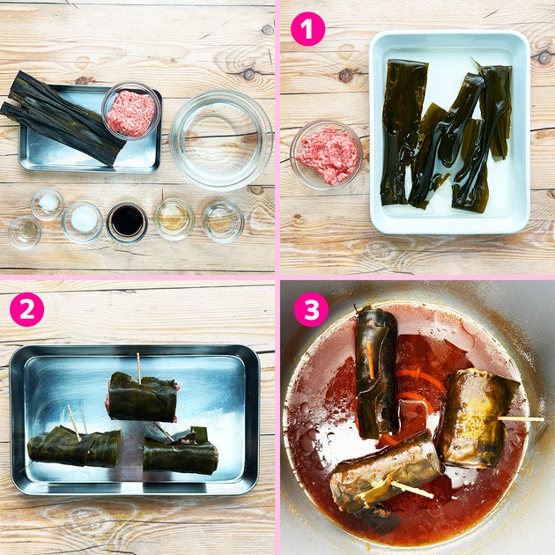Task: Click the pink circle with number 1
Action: [307, 29]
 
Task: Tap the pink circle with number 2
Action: [27, 309]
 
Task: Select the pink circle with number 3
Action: [311, 309]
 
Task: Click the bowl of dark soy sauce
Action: [127, 223]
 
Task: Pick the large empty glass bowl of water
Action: [221, 140]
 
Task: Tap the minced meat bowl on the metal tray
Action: [131, 110]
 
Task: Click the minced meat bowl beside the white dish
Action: [326, 155]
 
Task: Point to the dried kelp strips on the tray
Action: [62, 117]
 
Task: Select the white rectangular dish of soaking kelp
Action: [449, 132]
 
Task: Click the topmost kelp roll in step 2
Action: [143, 397]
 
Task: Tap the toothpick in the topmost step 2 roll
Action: [139, 368]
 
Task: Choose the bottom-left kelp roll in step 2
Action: [74, 447]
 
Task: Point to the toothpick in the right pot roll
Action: [521, 419]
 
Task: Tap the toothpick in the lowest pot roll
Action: [412, 490]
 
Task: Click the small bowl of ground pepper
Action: [25, 233]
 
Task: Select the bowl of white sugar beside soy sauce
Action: [82, 222]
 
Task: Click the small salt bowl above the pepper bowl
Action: [47, 204]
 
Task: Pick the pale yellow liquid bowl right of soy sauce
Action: [174, 219]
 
